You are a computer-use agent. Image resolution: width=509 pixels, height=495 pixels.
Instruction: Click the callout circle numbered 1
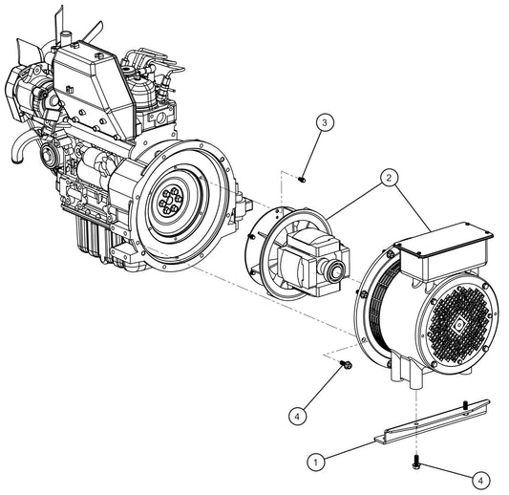(315, 461)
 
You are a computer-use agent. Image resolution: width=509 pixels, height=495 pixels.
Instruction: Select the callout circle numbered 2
(389, 177)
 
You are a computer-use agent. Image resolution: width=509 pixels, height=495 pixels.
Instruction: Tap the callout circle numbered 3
(325, 122)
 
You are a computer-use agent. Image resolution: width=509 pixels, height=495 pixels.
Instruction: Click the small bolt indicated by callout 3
(302, 177)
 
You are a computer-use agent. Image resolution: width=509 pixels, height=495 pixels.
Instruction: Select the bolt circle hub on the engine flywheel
(171, 203)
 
